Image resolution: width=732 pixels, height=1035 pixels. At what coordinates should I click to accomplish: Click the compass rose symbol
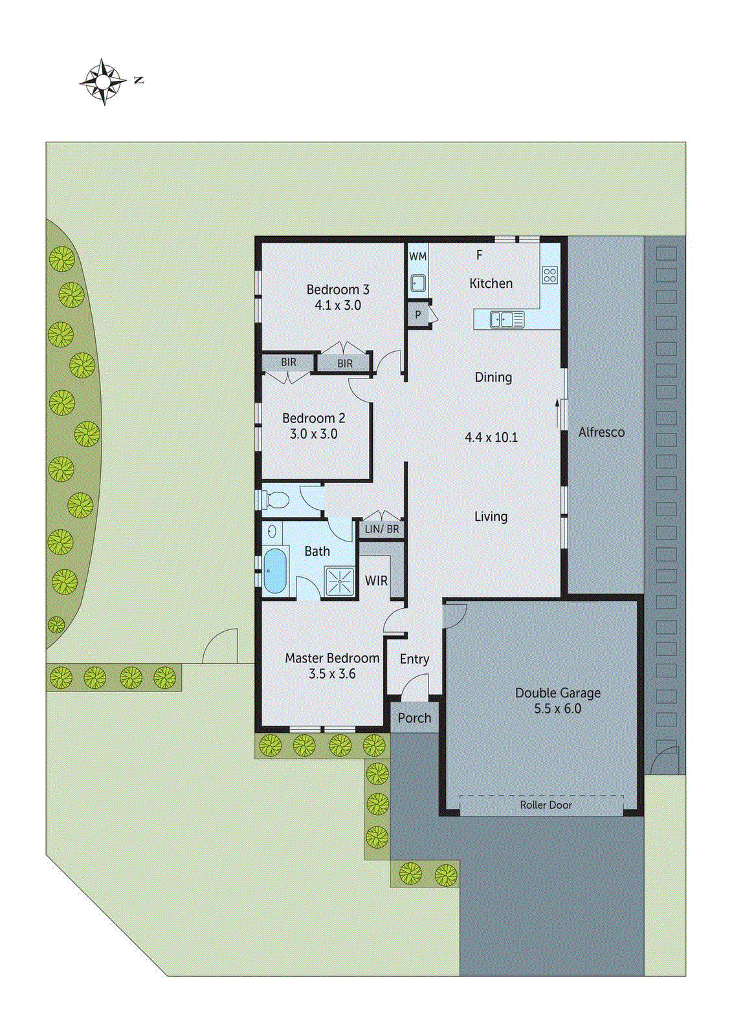103,82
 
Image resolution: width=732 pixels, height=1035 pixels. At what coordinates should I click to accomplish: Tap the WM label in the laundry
417,256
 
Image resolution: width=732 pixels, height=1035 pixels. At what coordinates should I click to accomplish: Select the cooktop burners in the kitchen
549,275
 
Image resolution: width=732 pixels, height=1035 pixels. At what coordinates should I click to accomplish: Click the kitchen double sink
507,320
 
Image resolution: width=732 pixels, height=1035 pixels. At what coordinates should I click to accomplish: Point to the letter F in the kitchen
480,256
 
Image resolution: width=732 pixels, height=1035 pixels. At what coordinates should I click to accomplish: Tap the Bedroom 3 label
338,290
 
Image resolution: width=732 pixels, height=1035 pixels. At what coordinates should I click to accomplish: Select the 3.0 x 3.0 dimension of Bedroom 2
314,434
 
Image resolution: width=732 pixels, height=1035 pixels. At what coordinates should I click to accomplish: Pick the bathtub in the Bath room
275,571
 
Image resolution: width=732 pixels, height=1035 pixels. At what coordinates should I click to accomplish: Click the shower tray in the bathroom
340,581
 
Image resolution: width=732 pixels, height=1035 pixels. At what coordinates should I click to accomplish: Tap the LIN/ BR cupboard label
382,529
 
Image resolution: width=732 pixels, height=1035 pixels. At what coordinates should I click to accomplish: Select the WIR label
376,581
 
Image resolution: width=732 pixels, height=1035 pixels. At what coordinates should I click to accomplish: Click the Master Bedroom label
332,659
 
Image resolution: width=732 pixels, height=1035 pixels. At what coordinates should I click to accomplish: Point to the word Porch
414,718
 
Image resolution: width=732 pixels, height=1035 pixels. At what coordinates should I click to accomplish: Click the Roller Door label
546,805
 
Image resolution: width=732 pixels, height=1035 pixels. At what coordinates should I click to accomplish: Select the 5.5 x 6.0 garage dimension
557,709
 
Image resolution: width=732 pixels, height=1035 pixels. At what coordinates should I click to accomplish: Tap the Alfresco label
601,433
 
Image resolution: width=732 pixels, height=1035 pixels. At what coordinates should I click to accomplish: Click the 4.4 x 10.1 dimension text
491,438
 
